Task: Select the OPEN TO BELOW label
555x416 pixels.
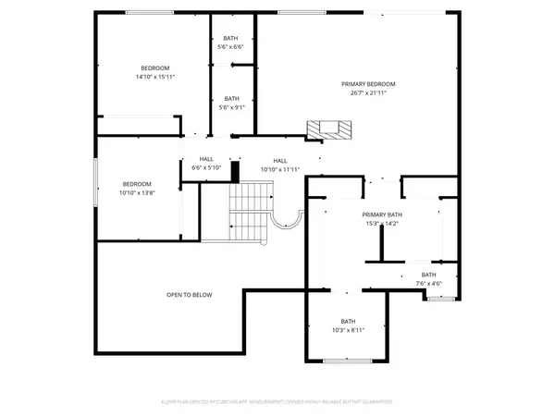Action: click(190, 295)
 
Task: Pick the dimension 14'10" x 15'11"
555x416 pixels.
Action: click(155, 77)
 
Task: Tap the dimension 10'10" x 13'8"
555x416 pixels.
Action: click(138, 192)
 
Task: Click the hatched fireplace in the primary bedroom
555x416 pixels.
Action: click(331, 130)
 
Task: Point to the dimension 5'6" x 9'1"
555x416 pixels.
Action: click(231, 107)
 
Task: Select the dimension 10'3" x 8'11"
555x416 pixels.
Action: click(348, 329)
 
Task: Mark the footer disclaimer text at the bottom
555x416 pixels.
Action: click(277, 402)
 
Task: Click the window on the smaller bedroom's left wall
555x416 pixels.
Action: click(95, 183)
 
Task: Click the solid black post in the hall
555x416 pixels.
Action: click(235, 172)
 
